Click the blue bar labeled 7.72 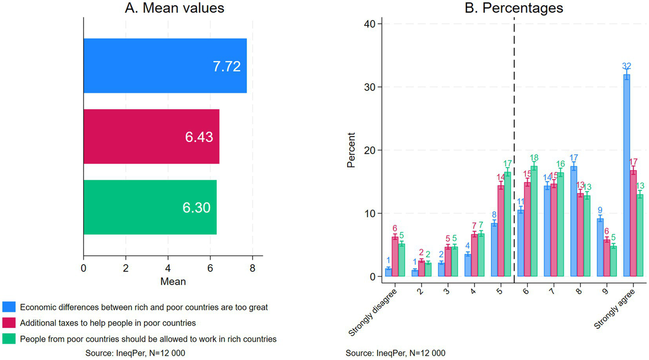pos(165,66)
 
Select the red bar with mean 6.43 pos(151,136)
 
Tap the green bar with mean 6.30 pos(150,207)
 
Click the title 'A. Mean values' pos(174,8)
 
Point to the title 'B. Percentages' pos(514,8)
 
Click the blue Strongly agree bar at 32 pos(627,176)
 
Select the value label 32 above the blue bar pos(627,66)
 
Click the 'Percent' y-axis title pos(351,150)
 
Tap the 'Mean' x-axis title pos(173,282)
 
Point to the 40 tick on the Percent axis pos(370,24)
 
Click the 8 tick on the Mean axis pos(252,269)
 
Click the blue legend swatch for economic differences pos(9,307)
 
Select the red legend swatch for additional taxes pos(9,323)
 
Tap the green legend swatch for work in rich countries pos(9,339)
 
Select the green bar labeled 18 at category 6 pos(534,221)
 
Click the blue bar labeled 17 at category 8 pos(574,221)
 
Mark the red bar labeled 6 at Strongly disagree pos(395,257)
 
